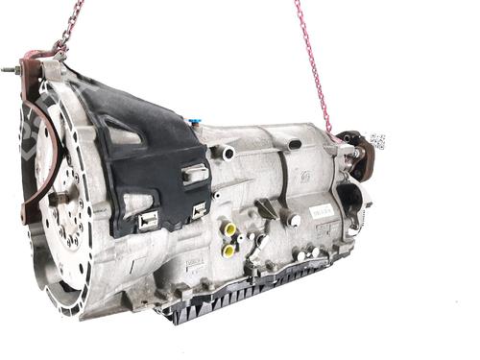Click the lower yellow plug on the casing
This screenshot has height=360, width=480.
pyautogui.click(x=228, y=249)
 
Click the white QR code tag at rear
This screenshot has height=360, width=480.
pyautogui.click(x=377, y=141)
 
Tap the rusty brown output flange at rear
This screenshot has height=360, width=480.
pyautogui.click(x=363, y=159)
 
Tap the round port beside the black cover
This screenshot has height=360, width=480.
pyautogui.click(x=228, y=152)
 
